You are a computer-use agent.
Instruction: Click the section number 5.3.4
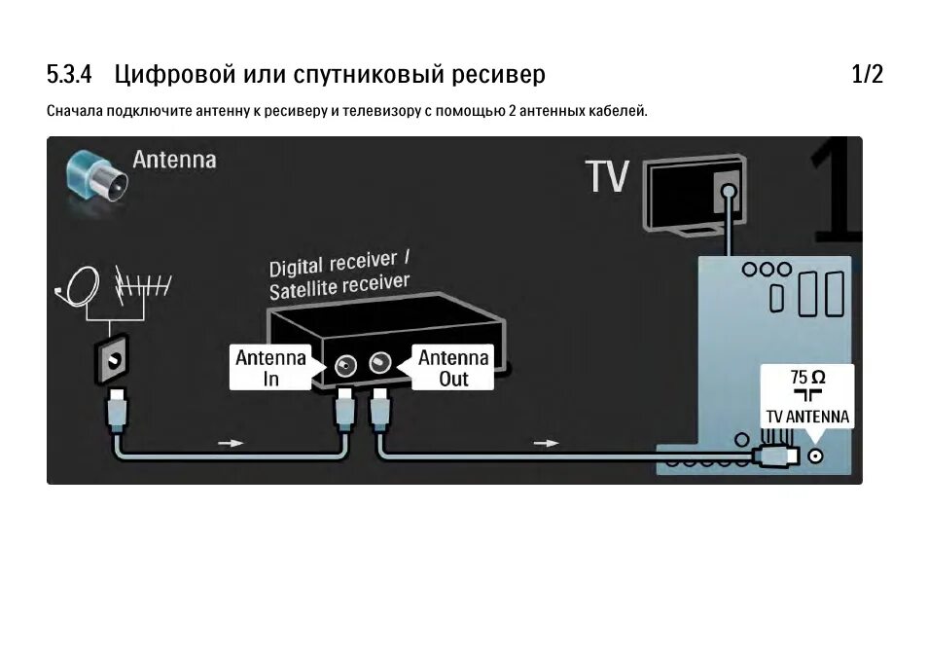coord(68,74)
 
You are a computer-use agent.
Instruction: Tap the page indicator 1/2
coord(867,74)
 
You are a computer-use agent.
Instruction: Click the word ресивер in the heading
coord(497,74)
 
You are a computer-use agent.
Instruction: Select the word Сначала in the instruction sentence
coord(76,112)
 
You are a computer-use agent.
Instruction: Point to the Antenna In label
coord(270,368)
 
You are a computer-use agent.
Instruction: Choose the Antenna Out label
coord(453,368)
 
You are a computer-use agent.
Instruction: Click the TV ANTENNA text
coord(807,417)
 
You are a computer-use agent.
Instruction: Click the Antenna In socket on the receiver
coord(345,365)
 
